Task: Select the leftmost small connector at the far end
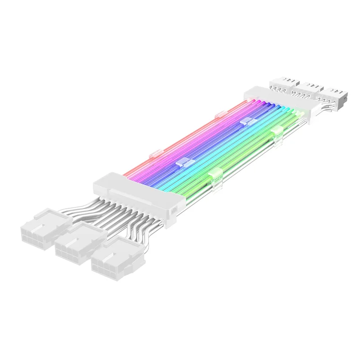pyautogui.click(x=283, y=82)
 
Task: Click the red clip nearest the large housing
pyautogui.click(x=156, y=153)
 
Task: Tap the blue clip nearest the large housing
pyautogui.click(x=184, y=163)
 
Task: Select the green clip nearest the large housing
pyautogui.click(x=215, y=174)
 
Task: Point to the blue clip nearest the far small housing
pyautogui.click(x=246, y=121)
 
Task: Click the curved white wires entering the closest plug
pyautogui.click(x=135, y=234)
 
